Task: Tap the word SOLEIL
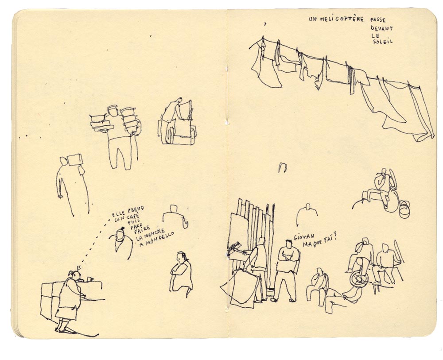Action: point(383,42)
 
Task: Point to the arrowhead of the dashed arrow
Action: point(78,267)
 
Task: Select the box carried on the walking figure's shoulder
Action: point(75,159)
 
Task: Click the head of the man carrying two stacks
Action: point(113,110)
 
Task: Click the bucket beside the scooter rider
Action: point(404,209)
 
